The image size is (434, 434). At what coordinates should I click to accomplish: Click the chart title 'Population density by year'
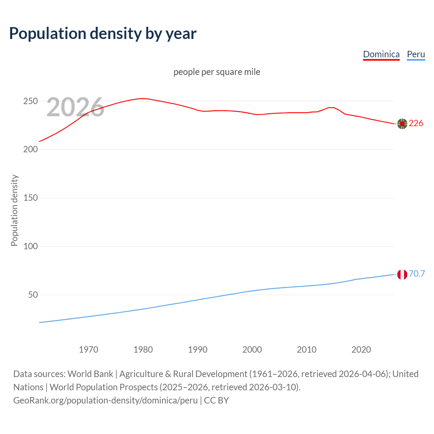tap(103, 33)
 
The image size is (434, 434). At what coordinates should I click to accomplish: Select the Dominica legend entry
tap(381, 54)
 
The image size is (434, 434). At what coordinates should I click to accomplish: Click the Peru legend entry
tap(416, 54)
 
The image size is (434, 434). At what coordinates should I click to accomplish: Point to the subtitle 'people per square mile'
tap(217, 72)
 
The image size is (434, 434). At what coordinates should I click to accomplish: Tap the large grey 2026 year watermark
tap(75, 107)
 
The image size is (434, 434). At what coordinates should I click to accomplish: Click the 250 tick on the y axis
tap(30, 101)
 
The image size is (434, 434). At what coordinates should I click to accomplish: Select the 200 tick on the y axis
tap(30, 150)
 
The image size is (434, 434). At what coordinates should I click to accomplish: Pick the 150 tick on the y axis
tap(30, 198)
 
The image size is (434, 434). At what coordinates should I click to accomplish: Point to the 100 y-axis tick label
tap(30, 246)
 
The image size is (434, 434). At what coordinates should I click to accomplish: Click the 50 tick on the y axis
tap(33, 295)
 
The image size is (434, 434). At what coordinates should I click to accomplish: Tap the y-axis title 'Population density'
tap(14, 210)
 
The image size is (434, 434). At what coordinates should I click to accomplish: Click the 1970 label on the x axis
tap(88, 350)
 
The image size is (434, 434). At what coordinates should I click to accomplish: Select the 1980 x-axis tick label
tap(143, 350)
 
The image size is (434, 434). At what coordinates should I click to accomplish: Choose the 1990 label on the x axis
tap(198, 350)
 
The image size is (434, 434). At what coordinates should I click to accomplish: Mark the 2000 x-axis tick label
tap(252, 350)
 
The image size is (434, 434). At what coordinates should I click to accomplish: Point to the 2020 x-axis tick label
tap(361, 350)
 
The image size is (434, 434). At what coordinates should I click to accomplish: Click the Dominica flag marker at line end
tap(402, 124)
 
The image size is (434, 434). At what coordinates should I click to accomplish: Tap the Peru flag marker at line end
tap(402, 274)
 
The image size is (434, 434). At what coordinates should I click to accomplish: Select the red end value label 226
tap(416, 123)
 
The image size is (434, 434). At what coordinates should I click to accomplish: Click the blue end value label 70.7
tap(417, 274)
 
